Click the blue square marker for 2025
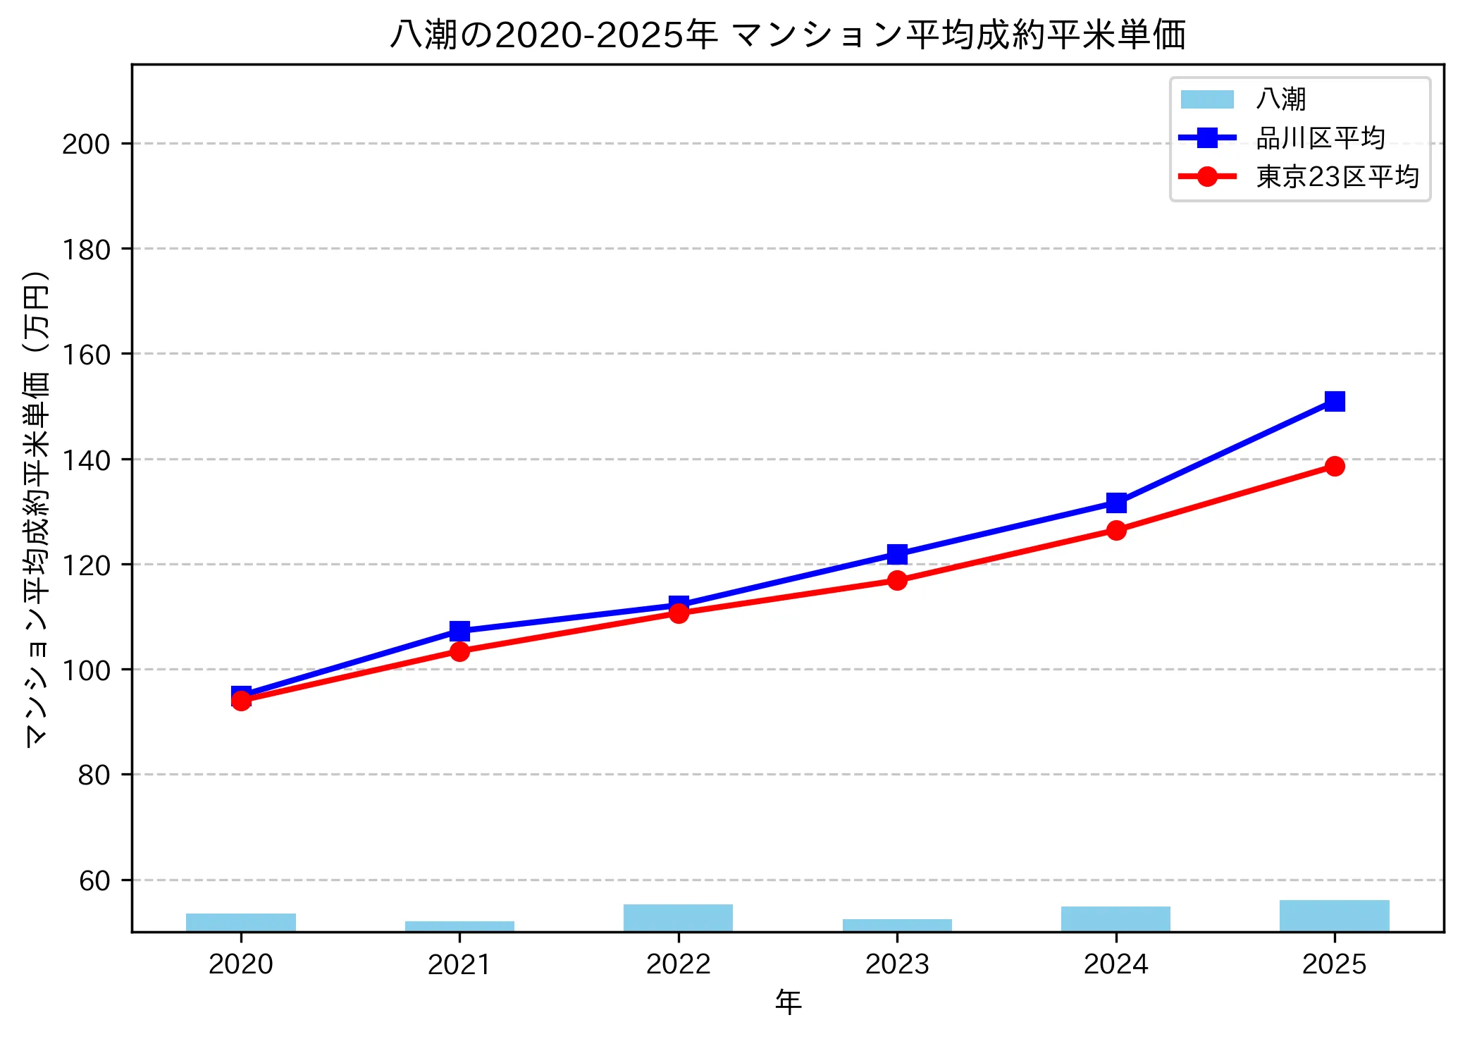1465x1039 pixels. pos(1334,401)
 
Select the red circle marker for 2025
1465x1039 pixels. pos(1334,466)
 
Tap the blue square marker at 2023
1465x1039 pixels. pos(896,554)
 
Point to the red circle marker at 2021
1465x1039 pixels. pos(459,651)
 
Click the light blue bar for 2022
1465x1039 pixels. pos(678,918)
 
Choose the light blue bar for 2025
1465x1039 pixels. pos(1334,916)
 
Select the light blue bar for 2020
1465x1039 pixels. pos(241,922)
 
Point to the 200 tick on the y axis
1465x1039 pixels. pos(86,145)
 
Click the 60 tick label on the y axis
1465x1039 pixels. pos(94,881)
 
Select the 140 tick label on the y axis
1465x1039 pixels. pos(86,460)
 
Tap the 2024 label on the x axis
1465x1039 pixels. pos(1115,964)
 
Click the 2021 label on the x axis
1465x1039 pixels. pos(459,964)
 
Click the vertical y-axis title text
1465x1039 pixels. pos(37,508)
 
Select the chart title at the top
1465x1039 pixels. pos(788,34)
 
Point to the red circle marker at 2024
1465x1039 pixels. pos(1115,530)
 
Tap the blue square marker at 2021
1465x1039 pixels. pos(459,630)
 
